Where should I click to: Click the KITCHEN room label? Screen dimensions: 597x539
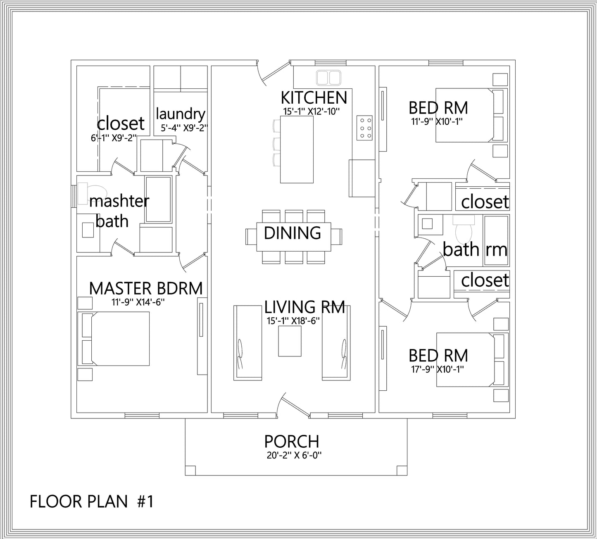(314, 97)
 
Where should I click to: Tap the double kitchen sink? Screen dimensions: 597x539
(328, 78)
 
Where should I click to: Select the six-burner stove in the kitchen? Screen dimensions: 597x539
(364, 128)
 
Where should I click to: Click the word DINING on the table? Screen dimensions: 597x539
(293, 233)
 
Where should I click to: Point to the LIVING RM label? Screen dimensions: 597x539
(305, 307)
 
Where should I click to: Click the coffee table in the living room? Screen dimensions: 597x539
(290, 341)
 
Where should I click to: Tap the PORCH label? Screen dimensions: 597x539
(292, 442)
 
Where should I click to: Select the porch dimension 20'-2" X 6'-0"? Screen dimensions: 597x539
(294, 456)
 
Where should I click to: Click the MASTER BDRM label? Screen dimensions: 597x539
(146, 288)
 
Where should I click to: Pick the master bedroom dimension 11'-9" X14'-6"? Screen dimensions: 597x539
(138, 302)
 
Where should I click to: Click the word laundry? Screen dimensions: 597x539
(181, 114)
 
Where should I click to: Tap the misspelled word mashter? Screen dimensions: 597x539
(119, 202)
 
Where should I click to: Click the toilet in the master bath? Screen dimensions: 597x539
(92, 193)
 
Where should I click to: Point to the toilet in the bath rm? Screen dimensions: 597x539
(464, 229)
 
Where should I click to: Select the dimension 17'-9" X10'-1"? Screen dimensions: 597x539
(438, 370)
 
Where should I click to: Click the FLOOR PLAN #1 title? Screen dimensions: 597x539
(92, 501)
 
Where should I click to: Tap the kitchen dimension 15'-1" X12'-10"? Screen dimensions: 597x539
(312, 112)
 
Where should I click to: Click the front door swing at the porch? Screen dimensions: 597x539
(293, 403)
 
